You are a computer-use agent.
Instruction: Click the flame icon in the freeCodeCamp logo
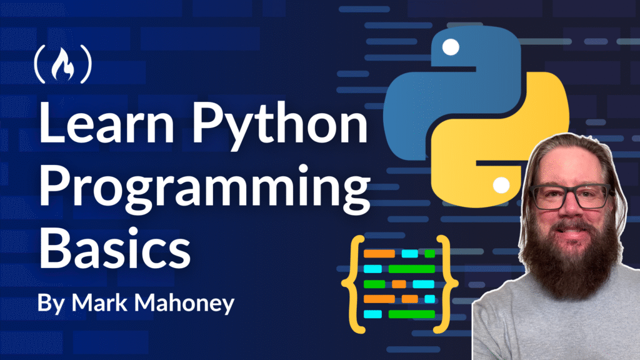pos(63,64)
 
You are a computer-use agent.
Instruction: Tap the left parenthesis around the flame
pos(39,64)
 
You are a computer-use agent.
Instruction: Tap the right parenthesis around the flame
pos(86,64)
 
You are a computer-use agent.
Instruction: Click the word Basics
pos(115,247)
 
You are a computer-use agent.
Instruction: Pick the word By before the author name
pos(51,304)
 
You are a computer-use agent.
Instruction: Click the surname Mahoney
pos(184,304)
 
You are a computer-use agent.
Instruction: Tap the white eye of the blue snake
pos(451,47)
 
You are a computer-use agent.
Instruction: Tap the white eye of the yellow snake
pos(501,185)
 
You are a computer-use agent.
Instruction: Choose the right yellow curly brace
pos(446,284)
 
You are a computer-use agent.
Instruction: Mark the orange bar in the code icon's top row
pos(379,254)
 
